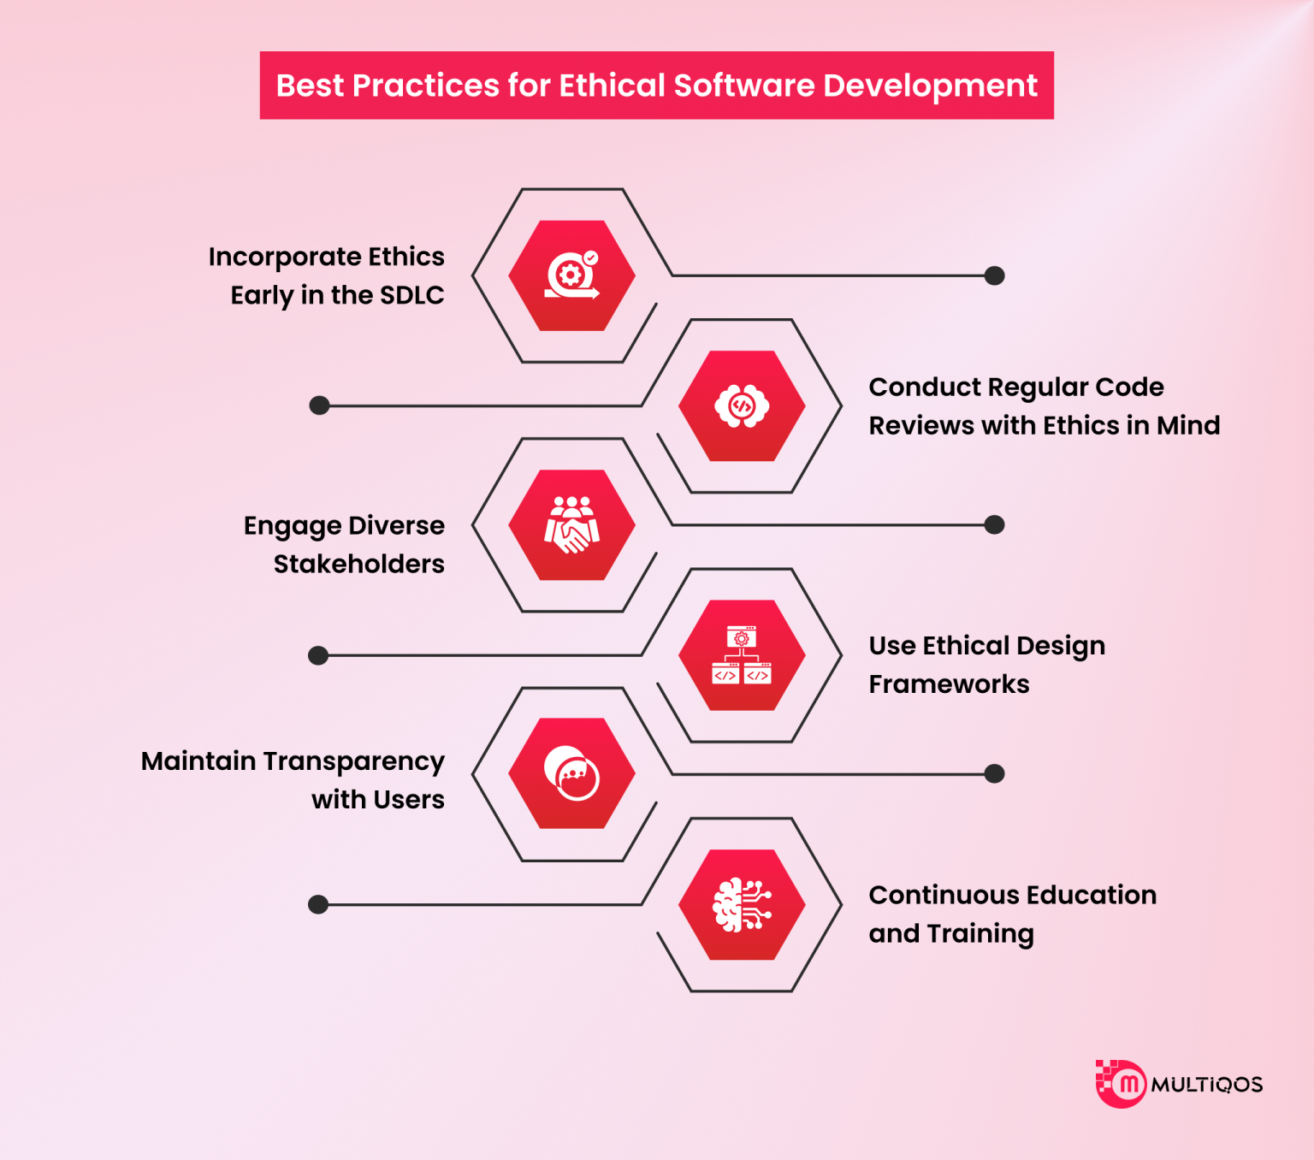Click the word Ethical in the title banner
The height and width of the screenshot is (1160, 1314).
coord(612,86)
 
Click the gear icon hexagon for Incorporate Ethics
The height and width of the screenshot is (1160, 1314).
coord(571,275)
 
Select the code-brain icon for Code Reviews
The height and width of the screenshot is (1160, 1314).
coord(742,406)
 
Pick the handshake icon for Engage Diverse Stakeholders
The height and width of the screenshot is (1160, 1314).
coord(571,524)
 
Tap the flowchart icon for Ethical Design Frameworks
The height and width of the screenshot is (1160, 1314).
coord(742,655)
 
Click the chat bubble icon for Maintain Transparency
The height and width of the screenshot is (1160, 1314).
coord(571,773)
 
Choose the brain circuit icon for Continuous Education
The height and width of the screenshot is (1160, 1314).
coord(742,904)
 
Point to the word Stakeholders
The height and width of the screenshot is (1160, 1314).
coord(359,564)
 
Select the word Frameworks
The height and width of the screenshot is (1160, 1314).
coord(949,684)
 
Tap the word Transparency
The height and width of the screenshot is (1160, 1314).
coord(353,761)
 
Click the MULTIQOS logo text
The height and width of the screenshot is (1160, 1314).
coord(1206,1085)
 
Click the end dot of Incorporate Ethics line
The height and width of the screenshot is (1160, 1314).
coord(994,275)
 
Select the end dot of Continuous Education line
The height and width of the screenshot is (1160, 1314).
coord(318,904)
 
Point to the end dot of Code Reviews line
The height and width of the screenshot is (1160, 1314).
coord(319,405)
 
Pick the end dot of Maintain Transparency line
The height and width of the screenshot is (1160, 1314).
coord(994,773)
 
